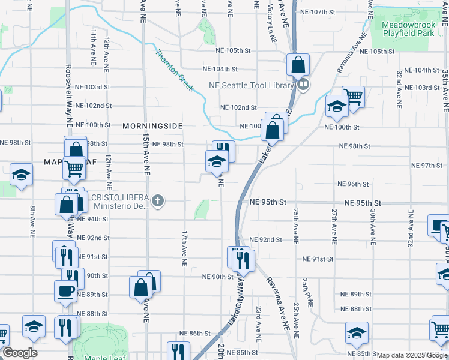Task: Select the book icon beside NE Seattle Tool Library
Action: [303, 85]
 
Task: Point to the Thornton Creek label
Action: [175, 71]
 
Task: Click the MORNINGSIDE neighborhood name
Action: [152, 127]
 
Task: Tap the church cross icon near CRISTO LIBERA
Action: [158, 200]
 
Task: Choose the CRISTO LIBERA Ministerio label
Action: [119, 202]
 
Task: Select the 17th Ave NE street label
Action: [185, 248]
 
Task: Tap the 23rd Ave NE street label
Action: [258, 323]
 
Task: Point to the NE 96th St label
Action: [353, 184]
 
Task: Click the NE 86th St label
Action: [195, 333]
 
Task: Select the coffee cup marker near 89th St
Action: [65, 291]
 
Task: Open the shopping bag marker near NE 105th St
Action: [297, 64]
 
